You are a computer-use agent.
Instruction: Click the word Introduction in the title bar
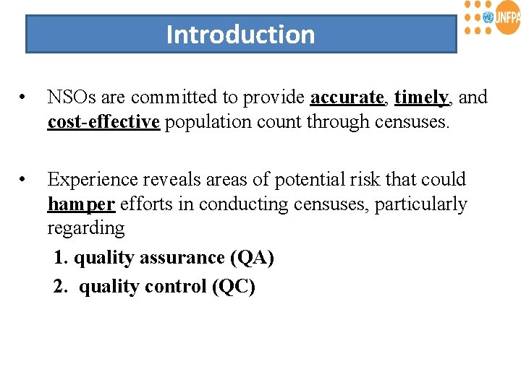(240, 35)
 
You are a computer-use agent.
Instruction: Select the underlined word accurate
(347, 97)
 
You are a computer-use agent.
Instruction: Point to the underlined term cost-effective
(103, 122)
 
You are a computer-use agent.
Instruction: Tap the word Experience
(92, 179)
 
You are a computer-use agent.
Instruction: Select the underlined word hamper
(81, 204)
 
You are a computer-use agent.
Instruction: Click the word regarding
(85, 229)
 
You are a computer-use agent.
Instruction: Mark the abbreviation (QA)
(253, 258)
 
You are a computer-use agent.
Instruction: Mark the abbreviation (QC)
(234, 287)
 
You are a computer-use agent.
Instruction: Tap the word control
(175, 287)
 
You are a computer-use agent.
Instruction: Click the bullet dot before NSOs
(25, 97)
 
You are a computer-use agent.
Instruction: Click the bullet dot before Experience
(25, 179)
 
